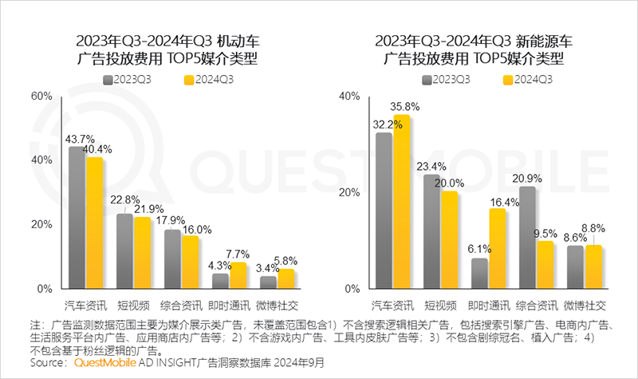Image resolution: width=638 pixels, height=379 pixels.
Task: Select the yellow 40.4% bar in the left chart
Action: tap(95, 223)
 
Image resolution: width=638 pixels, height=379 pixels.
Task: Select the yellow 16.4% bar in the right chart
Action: tap(497, 248)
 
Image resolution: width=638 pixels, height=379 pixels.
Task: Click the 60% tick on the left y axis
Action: tap(41, 96)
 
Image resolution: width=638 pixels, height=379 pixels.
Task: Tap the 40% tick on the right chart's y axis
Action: tap(349, 96)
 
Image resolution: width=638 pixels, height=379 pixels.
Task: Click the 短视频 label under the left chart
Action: tap(132, 306)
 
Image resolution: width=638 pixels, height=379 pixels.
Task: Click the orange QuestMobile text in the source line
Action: tap(108, 363)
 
